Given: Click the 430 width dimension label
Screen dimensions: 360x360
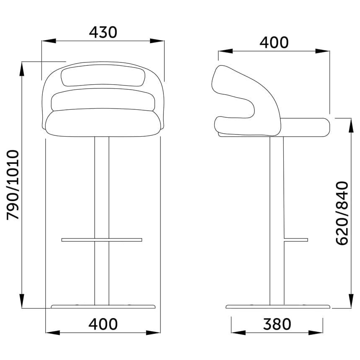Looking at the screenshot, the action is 103,32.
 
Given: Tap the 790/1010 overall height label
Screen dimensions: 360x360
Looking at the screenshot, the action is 13,185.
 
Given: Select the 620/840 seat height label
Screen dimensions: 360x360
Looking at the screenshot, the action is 342,213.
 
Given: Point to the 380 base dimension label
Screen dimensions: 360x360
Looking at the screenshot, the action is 277,324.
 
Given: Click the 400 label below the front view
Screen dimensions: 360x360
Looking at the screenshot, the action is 103,324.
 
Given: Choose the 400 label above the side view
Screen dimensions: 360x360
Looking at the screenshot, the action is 274,42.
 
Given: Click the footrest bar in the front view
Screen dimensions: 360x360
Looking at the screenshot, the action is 102,240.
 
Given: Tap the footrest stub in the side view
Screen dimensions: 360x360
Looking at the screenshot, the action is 296,240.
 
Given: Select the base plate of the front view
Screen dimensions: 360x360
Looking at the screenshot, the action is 103,307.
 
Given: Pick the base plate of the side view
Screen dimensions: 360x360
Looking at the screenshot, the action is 278,307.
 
